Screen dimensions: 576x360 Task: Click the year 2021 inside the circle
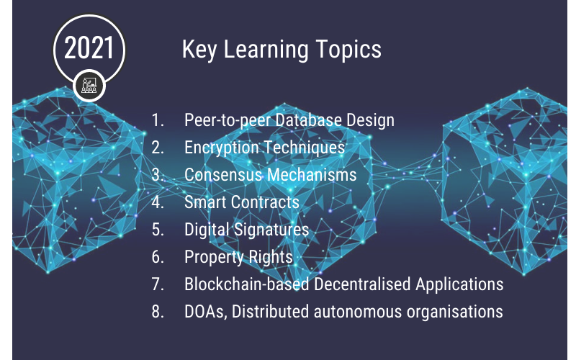[x=89, y=48]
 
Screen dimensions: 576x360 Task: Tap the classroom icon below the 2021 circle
[x=89, y=85]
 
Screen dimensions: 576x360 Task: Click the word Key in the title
[x=199, y=50]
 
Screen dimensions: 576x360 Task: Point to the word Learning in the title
[x=266, y=50]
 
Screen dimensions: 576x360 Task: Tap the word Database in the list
[x=308, y=120]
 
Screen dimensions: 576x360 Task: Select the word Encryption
[x=222, y=148]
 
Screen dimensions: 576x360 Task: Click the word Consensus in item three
[x=222, y=174]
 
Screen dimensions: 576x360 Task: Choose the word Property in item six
[x=214, y=257]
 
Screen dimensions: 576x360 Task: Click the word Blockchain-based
[x=246, y=284]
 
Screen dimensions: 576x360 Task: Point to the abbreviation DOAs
[x=205, y=312]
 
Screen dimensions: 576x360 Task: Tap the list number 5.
[x=158, y=229]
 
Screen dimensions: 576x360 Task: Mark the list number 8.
[x=158, y=312]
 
